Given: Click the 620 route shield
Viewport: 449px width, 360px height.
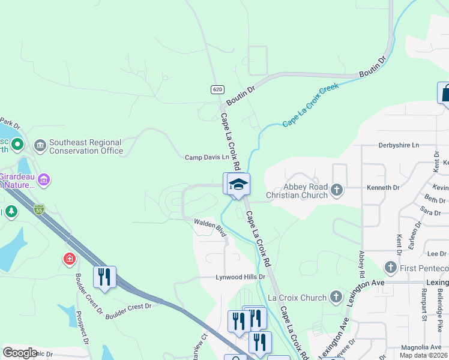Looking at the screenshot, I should click(x=217, y=89).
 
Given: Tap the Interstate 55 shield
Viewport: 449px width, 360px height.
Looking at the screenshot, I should click(x=39, y=209).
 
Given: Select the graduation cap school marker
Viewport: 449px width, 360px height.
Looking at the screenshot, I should click(x=238, y=184).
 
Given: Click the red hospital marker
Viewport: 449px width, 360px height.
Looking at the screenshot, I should click(x=70, y=259).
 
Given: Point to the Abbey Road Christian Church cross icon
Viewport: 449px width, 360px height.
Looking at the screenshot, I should click(x=337, y=190).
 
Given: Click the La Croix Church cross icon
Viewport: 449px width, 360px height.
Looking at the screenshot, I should click(x=336, y=297).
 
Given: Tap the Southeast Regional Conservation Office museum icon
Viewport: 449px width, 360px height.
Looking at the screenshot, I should click(x=40, y=145).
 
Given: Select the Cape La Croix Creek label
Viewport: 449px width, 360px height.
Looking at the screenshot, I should click(x=310, y=104).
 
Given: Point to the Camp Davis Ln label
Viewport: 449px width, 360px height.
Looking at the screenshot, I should click(x=207, y=157).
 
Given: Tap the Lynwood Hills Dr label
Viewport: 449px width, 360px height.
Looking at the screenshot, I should click(x=240, y=277).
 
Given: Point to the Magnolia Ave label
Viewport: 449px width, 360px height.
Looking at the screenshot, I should click(x=421, y=347).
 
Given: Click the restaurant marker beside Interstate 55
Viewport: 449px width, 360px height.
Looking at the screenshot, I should click(x=104, y=277).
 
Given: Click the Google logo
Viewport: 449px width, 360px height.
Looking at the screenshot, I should click(x=20, y=353).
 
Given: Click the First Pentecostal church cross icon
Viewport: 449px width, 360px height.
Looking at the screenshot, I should click(x=391, y=266).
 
